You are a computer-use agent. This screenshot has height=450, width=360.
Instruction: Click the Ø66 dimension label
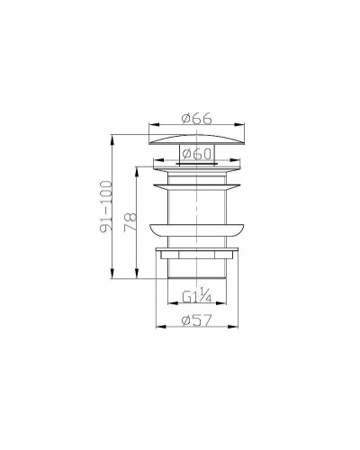pyautogui.click(x=196, y=118)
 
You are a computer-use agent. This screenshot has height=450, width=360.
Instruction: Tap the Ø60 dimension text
pyautogui.click(x=196, y=154)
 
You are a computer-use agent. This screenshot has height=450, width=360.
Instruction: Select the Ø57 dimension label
pyautogui.click(x=196, y=320)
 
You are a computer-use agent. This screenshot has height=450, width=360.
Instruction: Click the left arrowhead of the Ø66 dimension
pyautogui.click(x=148, y=126)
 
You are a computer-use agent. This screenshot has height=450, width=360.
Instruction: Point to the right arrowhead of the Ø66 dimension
pyautogui.click(x=244, y=126)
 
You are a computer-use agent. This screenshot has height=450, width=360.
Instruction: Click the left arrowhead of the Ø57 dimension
pyautogui.click(x=157, y=328)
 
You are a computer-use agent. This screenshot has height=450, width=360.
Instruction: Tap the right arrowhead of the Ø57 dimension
pyautogui.click(x=236, y=328)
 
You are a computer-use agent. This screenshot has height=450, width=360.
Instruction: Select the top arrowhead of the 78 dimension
pyautogui.click(x=136, y=166)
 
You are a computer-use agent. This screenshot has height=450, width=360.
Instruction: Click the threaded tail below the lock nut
pyautogui.click(x=196, y=270)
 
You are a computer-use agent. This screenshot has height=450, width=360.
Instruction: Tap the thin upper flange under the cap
pyautogui.click(x=196, y=166)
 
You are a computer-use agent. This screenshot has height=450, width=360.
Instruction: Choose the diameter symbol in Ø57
pyautogui.click(x=185, y=320)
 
